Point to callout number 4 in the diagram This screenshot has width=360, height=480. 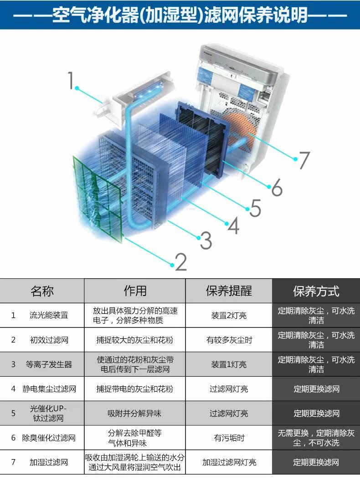point(233,225)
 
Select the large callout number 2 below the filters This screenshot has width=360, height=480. point(180,261)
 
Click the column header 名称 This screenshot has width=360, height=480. point(42,291)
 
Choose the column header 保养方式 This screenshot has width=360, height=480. point(316,291)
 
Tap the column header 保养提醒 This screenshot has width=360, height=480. point(229,291)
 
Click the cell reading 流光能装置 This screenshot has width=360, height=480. point(49,315)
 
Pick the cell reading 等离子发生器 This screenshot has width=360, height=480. point(49,364)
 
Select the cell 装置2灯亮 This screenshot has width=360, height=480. point(229,315)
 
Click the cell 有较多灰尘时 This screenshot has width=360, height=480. point(229,340)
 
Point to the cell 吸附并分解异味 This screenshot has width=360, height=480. point(134,414)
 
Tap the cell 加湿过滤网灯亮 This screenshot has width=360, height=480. point(229,462)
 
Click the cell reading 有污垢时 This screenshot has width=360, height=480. point(229,438)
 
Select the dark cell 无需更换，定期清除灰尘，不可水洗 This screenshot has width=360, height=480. point(316,438)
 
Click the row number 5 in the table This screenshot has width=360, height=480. point(13,414)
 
